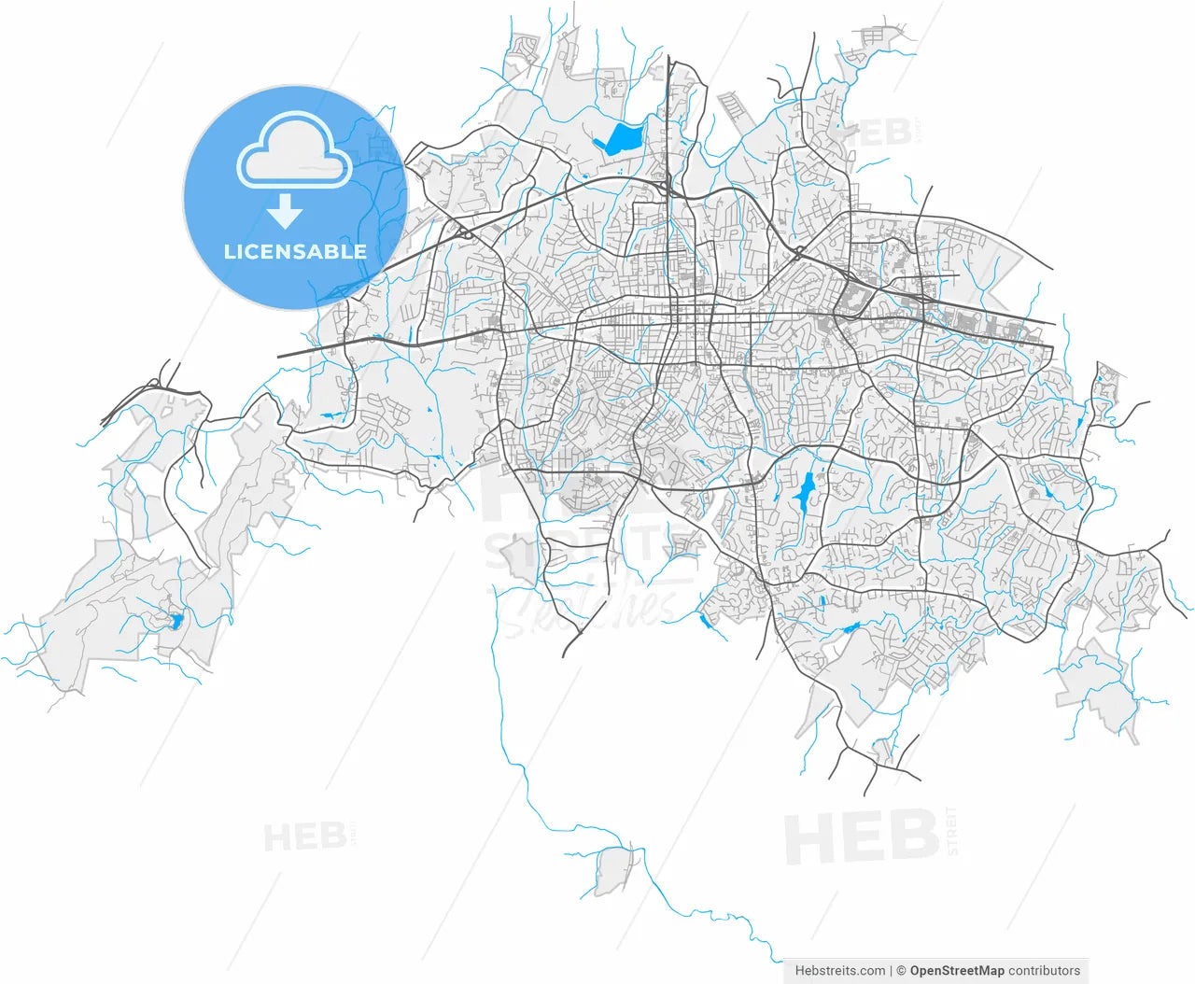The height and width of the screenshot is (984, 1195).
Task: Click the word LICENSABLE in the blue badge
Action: click(295, 251)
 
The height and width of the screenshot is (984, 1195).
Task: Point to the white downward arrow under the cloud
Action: click(285, 212)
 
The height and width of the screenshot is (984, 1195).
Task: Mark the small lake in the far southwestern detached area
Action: click(175, 620)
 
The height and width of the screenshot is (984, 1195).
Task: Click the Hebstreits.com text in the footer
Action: click(840, 971)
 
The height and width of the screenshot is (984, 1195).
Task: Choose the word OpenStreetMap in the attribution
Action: click(957, 971)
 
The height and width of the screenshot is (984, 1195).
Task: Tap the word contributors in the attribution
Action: click(1044, 971)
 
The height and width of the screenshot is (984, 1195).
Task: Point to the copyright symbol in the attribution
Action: click(902, 971)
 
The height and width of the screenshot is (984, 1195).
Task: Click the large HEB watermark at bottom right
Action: click(861, 836)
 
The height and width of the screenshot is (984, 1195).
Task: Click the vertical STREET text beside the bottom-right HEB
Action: click(951, 831)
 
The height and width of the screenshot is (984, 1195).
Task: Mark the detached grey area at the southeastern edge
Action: click(1097, 686)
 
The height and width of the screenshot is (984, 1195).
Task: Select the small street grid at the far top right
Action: click(877, 37)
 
